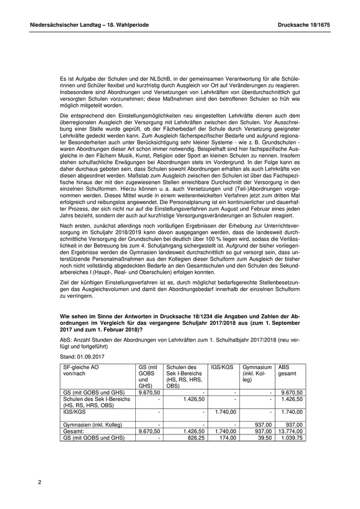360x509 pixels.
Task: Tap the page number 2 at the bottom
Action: click(40, 482)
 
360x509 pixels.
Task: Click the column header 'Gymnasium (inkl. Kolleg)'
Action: click(257, 374)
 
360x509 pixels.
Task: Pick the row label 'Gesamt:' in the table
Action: click(74, 431)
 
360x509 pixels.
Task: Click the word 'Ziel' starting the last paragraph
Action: click(66, 283)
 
